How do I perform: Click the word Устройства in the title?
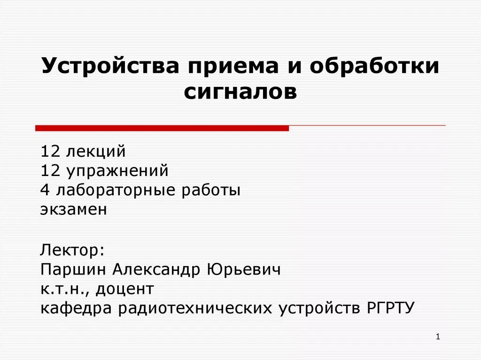pyautogui.click(x=110, y=66)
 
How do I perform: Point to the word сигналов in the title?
pyautogui.click(x=240, y=92)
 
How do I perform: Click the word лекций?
pyautogui.click(x=96, y=152)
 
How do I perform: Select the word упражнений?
pyautogui.click(x=117, y=171)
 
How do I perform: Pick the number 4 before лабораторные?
pyautogui.click(x=45, y=190)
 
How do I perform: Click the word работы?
pyautogui.click(x=214, y=190)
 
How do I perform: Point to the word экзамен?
pyautogui.click(x=74, y=209)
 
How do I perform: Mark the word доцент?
pyautogui.click(x=125, y=289)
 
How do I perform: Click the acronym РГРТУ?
pyautogui.click(x=389, y=308)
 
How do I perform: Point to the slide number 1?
pyautogui.click(x=437, y=337)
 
